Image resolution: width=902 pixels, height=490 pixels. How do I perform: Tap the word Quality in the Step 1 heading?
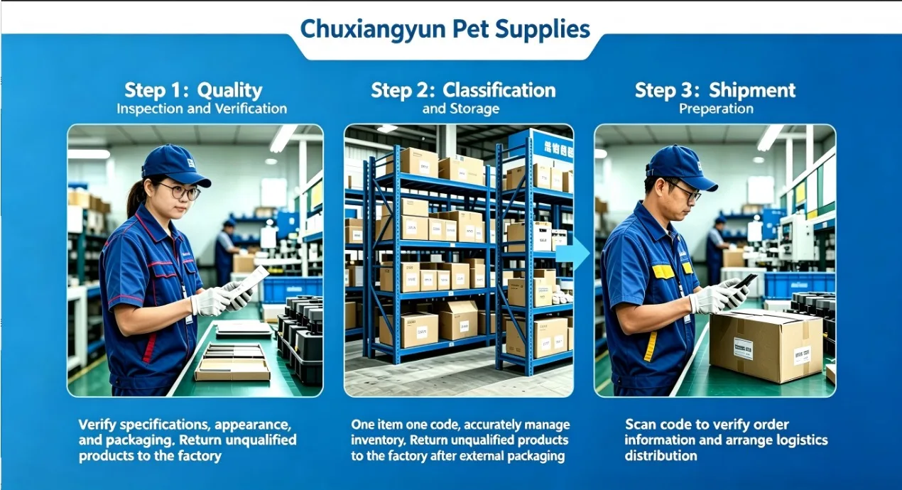(x=229, y=91)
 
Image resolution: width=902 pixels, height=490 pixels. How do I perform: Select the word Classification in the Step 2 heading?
(x=499, y=90)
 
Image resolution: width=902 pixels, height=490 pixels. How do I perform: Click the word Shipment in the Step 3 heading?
(x=752, y=90)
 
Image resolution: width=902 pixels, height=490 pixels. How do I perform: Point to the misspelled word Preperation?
(x=716, y=109)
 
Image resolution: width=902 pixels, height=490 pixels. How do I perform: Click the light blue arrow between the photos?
(x=572, y=254)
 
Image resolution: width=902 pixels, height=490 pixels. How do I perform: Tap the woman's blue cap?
(x=175, y=165)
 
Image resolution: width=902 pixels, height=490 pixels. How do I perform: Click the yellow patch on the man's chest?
(x=663, y=272)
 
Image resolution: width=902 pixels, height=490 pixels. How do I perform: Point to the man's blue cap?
(x=680, y=167)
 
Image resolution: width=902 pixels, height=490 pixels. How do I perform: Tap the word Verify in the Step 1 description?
(x=97, y=425)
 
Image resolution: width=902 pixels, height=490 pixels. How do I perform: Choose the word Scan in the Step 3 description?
(x=641, y=425)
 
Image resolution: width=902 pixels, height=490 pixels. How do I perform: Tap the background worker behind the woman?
(x=226, y=252)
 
